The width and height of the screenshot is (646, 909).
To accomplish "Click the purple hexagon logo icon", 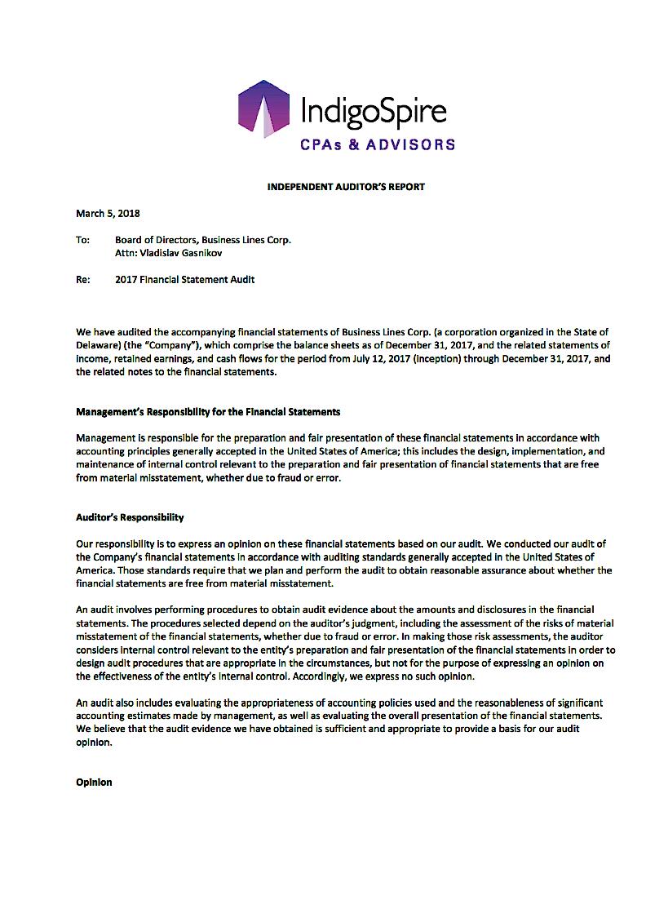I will coord(264,109).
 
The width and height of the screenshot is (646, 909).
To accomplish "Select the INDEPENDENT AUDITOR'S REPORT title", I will coord(346,187).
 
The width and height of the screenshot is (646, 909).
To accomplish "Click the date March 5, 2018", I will coord(108,214).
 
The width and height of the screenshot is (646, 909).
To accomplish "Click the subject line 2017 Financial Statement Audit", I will coord(185,280).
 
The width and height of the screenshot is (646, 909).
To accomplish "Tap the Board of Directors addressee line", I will coord(203,240).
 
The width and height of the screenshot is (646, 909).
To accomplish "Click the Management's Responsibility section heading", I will coord(208,411).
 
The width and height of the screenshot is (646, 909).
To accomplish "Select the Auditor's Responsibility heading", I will coord(130,517).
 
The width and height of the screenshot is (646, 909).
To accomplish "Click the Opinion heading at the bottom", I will coord(94,783).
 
